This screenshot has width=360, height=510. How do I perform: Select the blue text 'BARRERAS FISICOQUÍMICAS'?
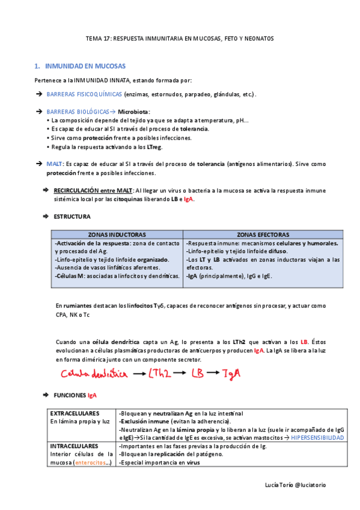point(84,94)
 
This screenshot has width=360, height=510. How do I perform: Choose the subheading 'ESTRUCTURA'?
point(72,216)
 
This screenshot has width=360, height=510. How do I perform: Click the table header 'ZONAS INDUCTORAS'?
point(117,235)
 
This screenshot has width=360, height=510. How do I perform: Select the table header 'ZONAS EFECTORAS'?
point(263,235)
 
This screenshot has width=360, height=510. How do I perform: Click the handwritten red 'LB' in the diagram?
point(198,374)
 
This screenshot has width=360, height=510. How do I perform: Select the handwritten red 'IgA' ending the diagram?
point(232,374)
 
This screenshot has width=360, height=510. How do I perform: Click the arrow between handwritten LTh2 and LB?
point(180,375)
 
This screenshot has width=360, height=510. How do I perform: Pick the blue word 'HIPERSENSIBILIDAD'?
point(317,438)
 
